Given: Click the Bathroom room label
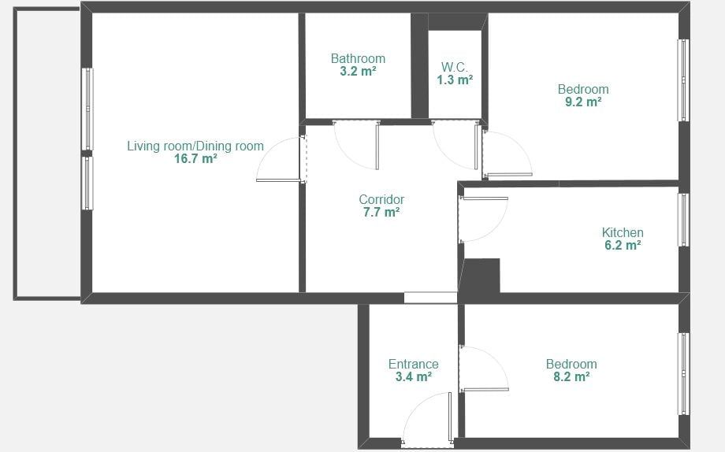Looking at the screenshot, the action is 358,59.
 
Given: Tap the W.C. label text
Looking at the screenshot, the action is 455,68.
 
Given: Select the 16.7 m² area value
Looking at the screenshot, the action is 195,159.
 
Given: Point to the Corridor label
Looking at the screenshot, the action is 381,200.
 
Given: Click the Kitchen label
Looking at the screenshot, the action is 623,232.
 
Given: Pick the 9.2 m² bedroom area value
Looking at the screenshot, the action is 583,102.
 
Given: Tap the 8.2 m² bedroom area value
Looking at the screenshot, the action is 571,376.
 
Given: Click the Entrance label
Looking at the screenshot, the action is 414,364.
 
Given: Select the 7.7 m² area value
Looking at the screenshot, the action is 381,212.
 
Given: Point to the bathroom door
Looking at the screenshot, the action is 377,146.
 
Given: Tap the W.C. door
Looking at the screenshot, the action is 476,146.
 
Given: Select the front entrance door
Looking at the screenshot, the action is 450,417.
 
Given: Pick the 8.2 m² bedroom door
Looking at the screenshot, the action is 485,390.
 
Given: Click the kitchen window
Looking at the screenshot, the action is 683,220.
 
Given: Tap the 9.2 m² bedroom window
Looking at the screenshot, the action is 683,80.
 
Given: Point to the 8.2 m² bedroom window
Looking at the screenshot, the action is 683,374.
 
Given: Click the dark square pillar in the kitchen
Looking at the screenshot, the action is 481,276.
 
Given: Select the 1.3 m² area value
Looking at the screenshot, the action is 455,80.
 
